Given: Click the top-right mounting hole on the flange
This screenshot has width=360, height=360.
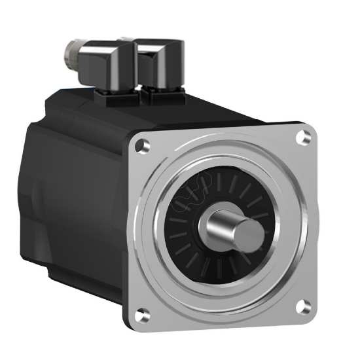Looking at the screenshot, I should click(302, 137).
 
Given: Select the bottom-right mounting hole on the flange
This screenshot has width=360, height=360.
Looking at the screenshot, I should click(302, 306).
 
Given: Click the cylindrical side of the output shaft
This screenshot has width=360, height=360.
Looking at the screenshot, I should click(223, 225).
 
